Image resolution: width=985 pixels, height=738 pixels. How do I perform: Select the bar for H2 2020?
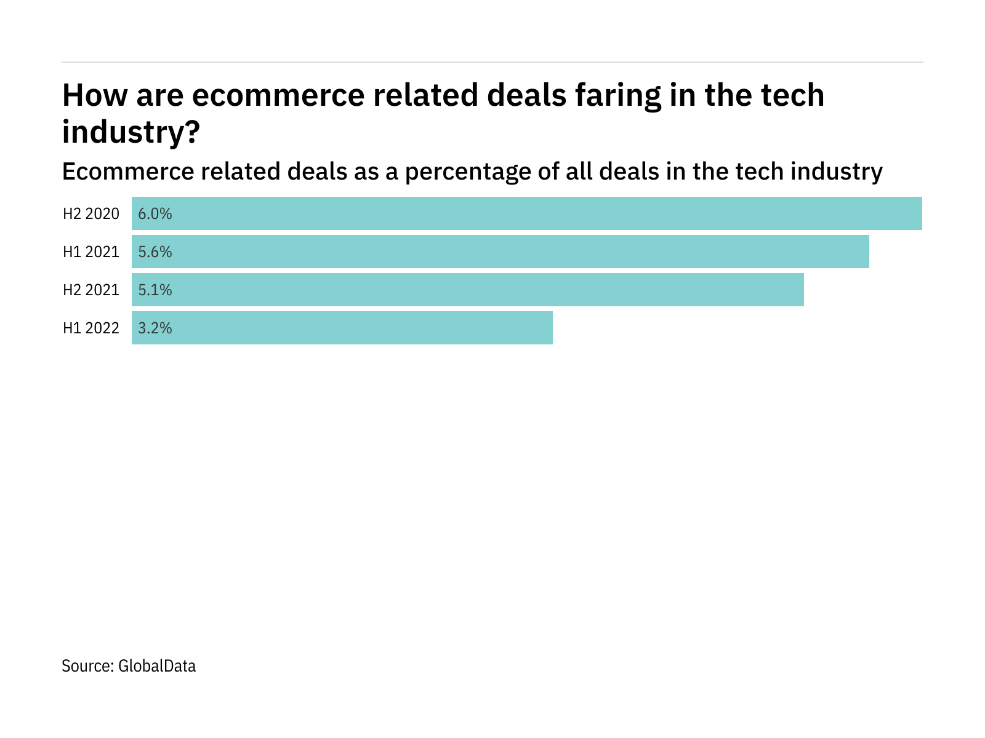pos(527,213)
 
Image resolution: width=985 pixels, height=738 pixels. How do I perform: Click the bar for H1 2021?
pos(501,252)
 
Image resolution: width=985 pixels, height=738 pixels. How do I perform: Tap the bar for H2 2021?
pos(468,290)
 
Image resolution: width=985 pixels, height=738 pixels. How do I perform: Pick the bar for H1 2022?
pos(342,328)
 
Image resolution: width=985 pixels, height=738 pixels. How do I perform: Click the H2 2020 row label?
pos(91,214)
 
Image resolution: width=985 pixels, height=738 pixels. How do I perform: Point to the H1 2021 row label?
pos(91,252)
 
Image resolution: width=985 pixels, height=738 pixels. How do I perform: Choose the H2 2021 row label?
pos(91,290)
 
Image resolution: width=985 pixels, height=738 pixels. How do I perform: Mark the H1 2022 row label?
pos(91,328)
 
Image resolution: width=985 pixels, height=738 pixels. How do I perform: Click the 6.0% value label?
pos(155,214)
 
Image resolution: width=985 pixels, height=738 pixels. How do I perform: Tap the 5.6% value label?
pos(155,252)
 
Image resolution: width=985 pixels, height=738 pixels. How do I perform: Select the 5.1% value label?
pos(155,290)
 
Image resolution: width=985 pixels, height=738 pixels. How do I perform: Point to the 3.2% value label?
pos(155,328)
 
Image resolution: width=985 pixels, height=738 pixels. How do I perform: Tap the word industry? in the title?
pos(131,132)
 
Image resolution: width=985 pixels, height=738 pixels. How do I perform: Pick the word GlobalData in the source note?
pos(157,666)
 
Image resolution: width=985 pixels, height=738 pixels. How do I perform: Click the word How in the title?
pos(92,96)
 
